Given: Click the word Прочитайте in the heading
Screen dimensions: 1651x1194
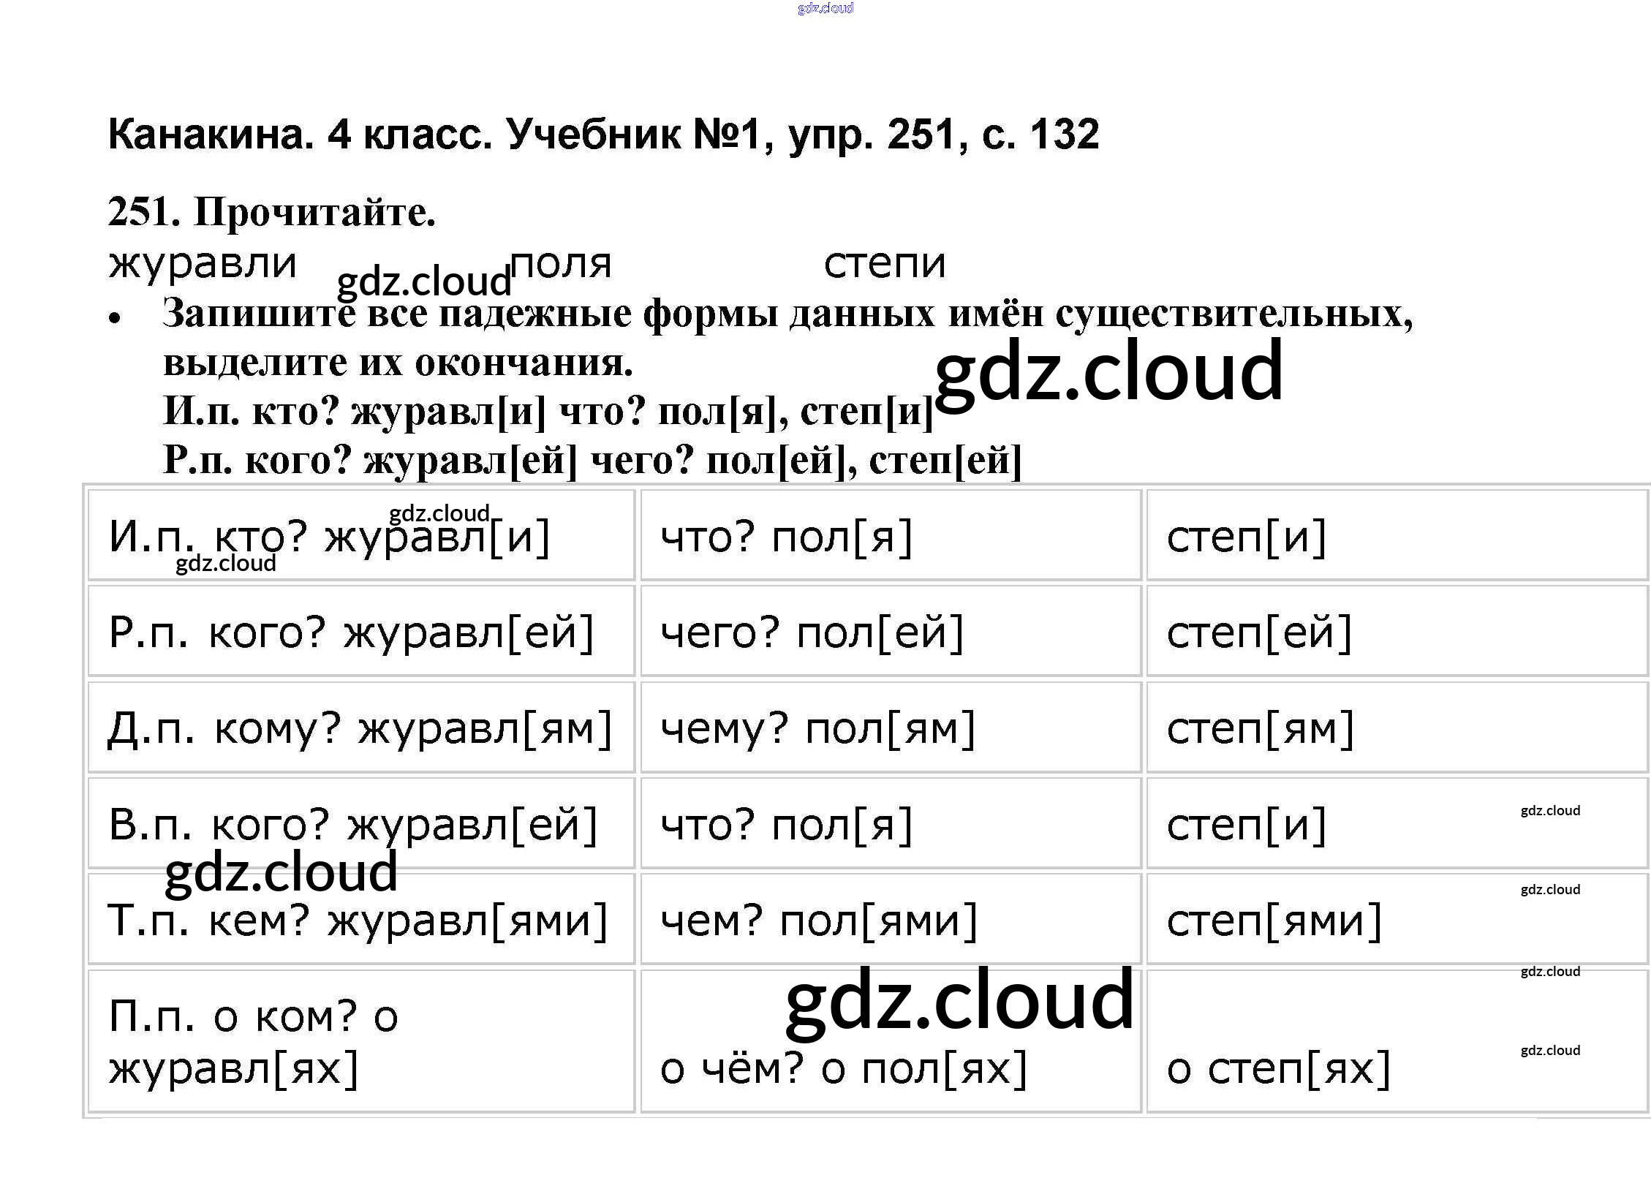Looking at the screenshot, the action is tap(314, 213).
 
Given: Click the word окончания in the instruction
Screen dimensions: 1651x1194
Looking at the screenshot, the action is tap(524, 363).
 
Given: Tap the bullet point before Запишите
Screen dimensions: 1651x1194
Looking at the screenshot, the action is tap(114, 318).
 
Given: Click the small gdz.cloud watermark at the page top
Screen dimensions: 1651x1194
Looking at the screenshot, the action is tap(825, 8).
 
